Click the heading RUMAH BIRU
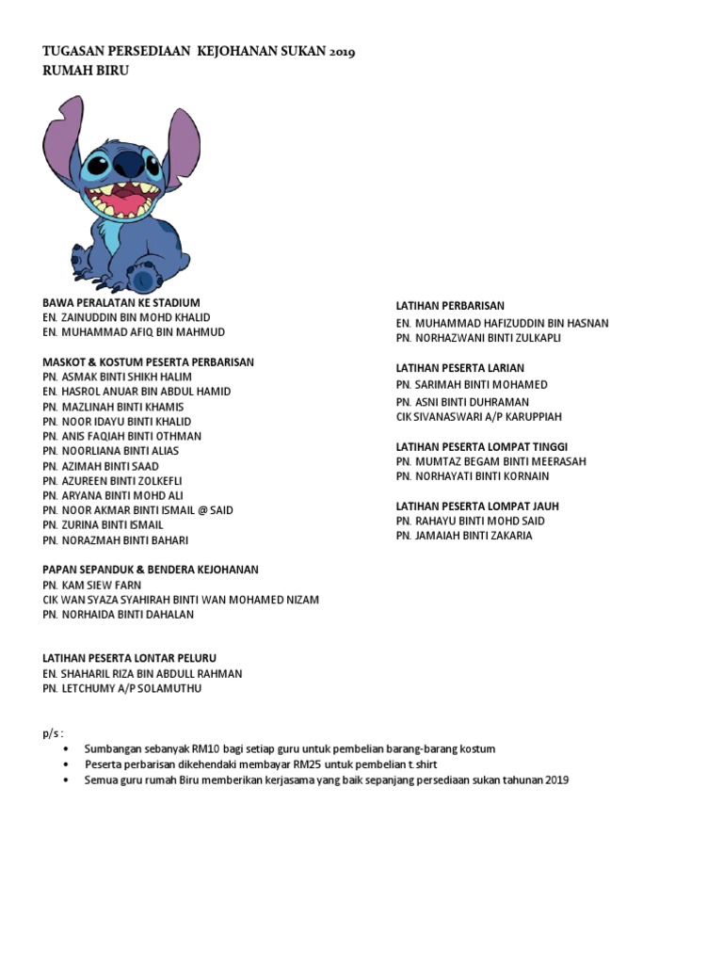coord(86,71)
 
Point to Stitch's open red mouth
coord(119,203)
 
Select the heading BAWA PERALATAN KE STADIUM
coord(121,302)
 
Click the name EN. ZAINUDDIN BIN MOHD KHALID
coord(126,317)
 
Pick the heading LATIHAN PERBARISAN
coord(450,306)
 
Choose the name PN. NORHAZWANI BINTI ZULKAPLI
coord(477,338)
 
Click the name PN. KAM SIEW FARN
coord(91,585)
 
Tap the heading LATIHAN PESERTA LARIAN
coord(459,368)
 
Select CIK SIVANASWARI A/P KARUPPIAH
coord(478,417)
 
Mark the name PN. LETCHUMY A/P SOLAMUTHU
coord(121,688)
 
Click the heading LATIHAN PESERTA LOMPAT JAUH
coord(477,506)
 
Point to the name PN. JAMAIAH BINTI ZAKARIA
coord(464,536)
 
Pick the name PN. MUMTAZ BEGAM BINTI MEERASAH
coord(490,461)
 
